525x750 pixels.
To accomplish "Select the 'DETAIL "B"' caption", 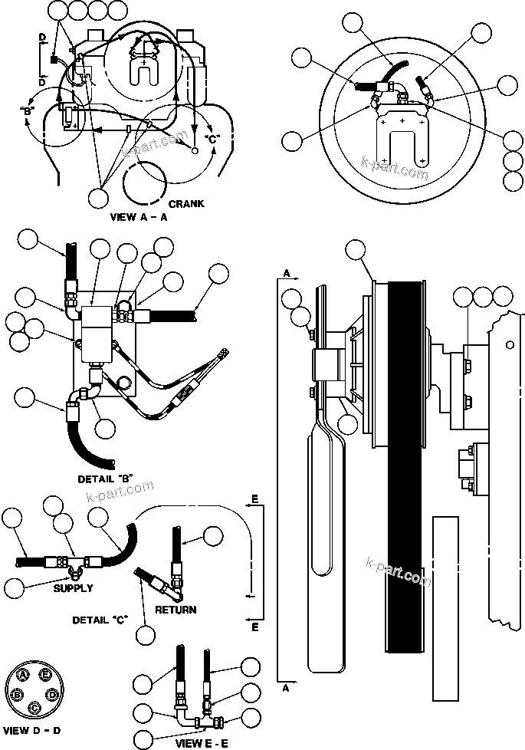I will click(105, 479).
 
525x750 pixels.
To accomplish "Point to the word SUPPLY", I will click(74, 588).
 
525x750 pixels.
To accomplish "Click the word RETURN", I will click(176, 610).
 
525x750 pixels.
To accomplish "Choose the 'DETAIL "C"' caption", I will click(100, 619).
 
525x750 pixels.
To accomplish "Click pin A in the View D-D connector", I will click(25, 674).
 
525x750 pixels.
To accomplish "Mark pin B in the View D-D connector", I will click(17, 694).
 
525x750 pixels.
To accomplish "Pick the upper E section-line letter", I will click(254, 499).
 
